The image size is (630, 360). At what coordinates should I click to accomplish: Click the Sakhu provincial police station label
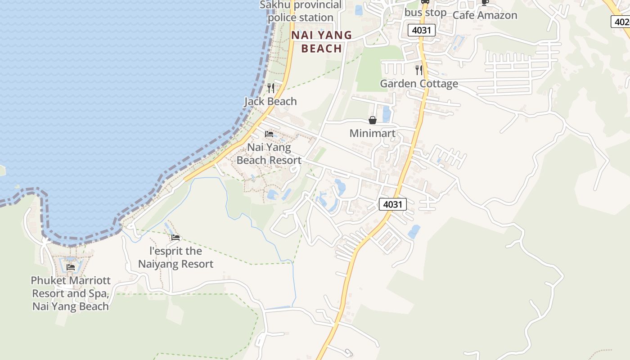tap(300, 11)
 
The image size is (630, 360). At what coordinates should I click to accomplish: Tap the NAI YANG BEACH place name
tap(321, 42)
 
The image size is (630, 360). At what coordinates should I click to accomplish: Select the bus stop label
tap(425, 13)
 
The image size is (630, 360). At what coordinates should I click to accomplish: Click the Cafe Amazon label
tap(485, 15)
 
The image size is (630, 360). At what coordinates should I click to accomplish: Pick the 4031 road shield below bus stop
tap(422, 31)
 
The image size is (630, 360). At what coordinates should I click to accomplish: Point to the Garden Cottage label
tap(419, 84)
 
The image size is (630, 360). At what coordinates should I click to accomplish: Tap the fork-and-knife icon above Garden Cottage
tap(419, 70)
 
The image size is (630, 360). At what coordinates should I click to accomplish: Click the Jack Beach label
tap(270, 101)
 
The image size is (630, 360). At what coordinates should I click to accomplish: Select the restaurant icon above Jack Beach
tap(270, 88)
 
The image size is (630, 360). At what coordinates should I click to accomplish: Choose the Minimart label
tap(373, 133)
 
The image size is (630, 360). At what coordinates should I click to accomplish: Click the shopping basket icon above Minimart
tap(373, 120)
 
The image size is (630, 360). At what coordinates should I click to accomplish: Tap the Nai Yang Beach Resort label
tap(269, 153)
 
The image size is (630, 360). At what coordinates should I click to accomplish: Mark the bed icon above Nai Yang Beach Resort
tap(269, 134)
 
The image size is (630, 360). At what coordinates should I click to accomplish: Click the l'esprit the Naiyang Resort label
tap(175, 257)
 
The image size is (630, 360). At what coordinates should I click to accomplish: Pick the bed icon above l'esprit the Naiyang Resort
tap(175, 237)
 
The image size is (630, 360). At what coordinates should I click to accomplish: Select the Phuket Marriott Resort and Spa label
tap(71, 293)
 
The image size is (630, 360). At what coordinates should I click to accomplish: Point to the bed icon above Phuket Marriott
tap(71, 267)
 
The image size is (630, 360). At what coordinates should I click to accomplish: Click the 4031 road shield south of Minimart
tap(392, 204)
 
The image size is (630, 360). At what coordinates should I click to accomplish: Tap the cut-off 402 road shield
tap(621, 22)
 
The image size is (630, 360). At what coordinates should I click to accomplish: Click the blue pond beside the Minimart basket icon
tap(386, 114)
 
